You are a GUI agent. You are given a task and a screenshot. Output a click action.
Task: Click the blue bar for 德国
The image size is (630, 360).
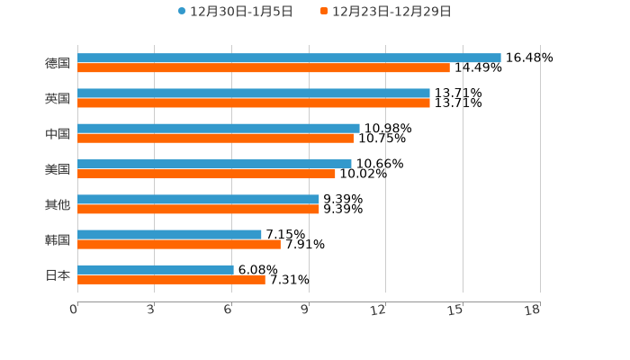point(289,58)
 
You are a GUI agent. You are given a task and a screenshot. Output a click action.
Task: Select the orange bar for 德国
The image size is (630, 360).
point(264,67)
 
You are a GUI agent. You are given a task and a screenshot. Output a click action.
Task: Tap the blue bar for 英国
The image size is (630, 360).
point(254,93)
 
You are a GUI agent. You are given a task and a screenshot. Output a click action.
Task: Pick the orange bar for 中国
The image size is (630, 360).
point(215,138)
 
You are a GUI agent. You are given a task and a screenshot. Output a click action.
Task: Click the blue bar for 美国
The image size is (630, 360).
point(214,164)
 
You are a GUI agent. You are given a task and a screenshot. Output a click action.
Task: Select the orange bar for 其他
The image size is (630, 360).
point(198,209)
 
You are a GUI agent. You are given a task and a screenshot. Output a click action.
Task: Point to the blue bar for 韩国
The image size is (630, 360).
point(169,234)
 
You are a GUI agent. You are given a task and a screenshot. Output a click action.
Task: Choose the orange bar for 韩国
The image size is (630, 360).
point(179,244)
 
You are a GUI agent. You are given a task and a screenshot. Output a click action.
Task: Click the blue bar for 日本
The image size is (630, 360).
point(156,269)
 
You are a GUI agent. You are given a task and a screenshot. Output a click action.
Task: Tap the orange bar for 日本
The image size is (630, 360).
point(171,279)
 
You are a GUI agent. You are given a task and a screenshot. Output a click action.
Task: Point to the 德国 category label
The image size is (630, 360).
point(58,63)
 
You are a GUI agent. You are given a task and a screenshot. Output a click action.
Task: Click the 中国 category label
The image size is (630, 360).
point(58,133)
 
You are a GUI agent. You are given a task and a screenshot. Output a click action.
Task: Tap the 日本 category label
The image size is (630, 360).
point(58,274)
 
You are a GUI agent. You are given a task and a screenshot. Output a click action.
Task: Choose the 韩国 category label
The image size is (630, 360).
point(58,239)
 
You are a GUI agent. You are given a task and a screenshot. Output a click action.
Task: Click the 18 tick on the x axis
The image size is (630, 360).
point(533,310)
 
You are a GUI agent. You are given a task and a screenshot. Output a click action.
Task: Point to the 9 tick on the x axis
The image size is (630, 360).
point(304,310)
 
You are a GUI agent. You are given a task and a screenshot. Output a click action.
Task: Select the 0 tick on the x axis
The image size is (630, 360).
point(74,310)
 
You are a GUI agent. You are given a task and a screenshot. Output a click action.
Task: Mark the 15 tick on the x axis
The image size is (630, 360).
point(456,310)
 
